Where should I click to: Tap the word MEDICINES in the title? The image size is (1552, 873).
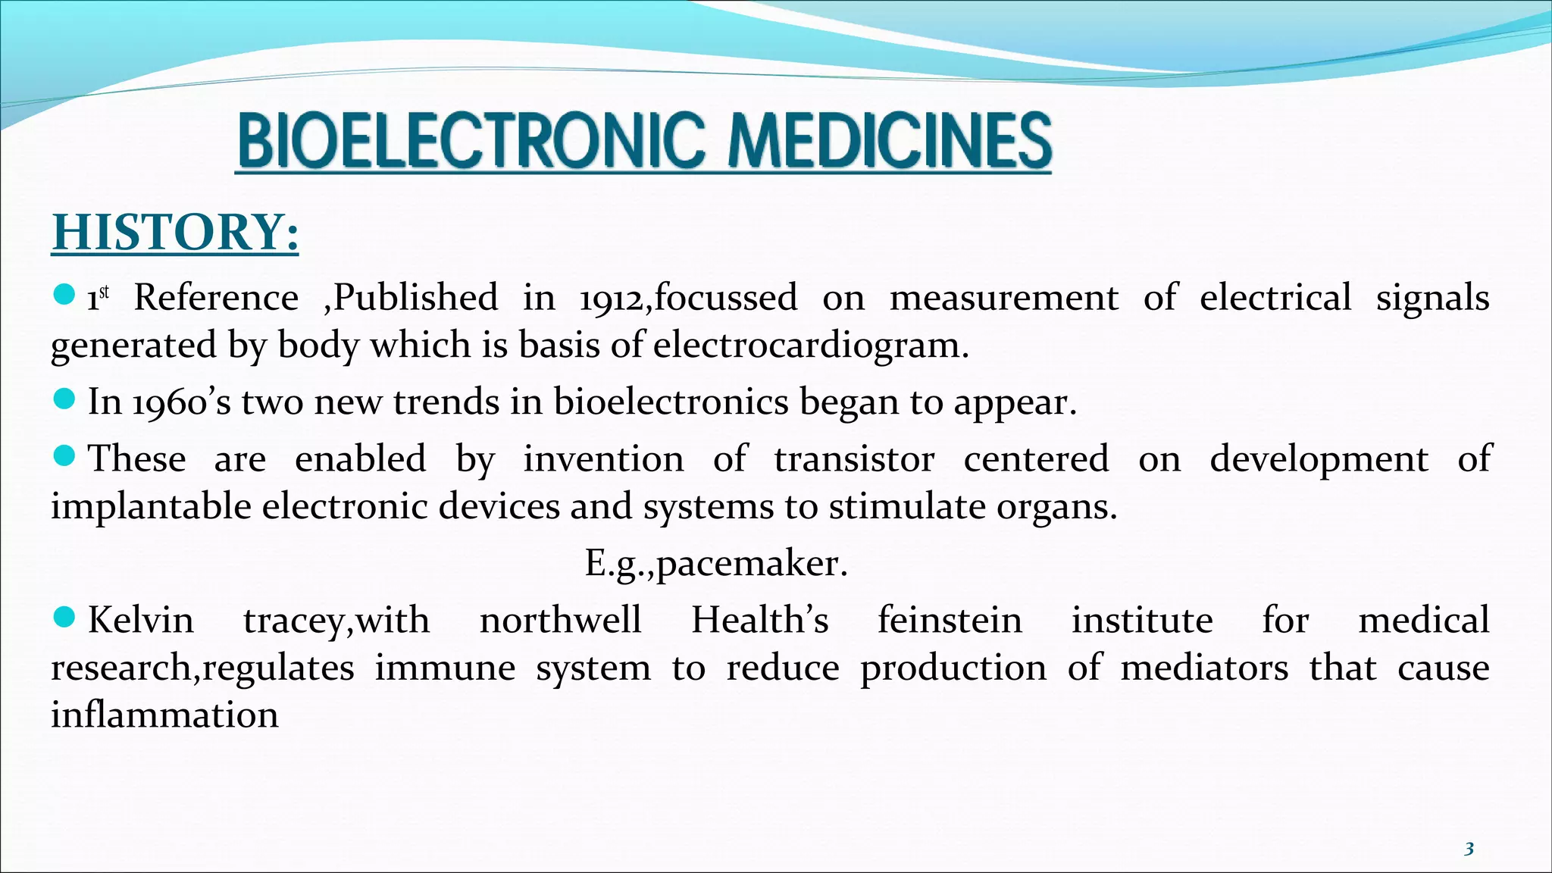pyautogui.click(x=890, y=142)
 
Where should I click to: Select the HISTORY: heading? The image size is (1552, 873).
pyautogui.click(x=175, y=232)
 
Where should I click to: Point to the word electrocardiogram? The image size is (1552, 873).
pyautogui.click(x=810, y=346)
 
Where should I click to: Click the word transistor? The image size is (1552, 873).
pyautogui.click(x=854, y=459)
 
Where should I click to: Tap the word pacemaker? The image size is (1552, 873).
pyautogui.click(x=752, y=563)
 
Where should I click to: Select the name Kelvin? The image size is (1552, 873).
pyautogui.click(x=141, y=620)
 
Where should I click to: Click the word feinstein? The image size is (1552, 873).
pyautogui.click(x=950, y=620)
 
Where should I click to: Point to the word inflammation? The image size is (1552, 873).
pyautogui.click(x=164, y=715)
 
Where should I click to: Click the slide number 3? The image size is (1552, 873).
pyautogui.click(x=1469, y=849)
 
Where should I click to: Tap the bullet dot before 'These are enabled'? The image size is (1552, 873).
pyautogui.click(x=65, y=455)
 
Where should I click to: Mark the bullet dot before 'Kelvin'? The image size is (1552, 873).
pyautogui.click(x=65, y=617)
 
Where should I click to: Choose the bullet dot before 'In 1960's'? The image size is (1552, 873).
pyautogui.click(x=65, y=399)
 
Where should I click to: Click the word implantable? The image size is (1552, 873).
pyautogui.click(x=151, y=506)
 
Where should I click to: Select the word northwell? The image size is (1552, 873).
pyautogui.click(x=561, y=620)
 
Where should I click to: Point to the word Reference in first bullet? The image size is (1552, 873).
pyautogui.click(x=216, y=298)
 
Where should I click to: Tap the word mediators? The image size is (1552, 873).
pyautogui.click(x=1204, y=668)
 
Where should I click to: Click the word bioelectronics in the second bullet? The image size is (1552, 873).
pyautogui.click(x=671, y=402)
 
